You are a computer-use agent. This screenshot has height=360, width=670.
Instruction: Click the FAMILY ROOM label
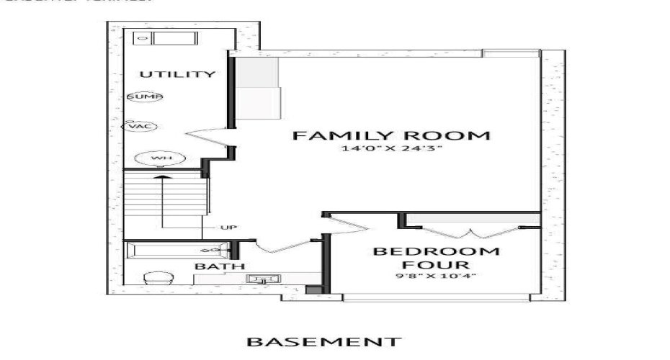pos(392,135)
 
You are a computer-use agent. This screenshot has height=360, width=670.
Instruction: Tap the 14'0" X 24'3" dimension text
pos(392,150)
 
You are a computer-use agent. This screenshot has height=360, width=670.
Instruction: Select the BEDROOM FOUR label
pos(435,258)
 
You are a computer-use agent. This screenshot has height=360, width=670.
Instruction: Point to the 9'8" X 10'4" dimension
pos(435,276)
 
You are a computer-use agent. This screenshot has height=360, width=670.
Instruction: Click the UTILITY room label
pos(177,74)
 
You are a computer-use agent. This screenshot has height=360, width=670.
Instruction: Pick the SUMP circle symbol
pos(145,96)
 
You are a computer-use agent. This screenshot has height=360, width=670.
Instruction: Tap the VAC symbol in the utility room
pos(139,127)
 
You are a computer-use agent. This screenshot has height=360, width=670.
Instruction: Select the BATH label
pos(210,266)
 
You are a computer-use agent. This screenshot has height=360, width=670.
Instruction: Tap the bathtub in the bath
pos(177,250)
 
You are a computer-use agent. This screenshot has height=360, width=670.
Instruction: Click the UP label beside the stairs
pos(228,228)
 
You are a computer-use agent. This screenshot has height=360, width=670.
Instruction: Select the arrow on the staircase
pos(164,198)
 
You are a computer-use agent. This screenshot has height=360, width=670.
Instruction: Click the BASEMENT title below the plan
pos(323,341)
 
